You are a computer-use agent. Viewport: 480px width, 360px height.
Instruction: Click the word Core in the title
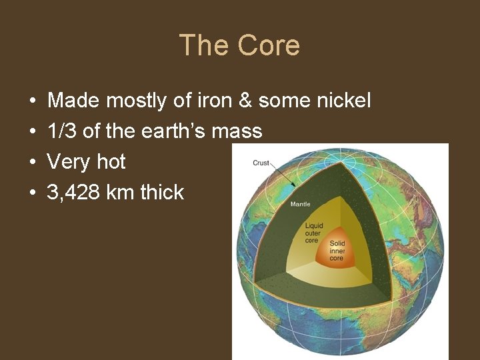269,45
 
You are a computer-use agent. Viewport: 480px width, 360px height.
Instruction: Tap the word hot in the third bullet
111,162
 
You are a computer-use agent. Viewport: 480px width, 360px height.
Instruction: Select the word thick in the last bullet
162,193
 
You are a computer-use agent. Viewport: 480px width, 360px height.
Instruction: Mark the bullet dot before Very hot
33,163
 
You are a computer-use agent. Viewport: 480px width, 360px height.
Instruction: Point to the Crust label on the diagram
261,163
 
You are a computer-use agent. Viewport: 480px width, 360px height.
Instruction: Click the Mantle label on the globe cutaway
300,204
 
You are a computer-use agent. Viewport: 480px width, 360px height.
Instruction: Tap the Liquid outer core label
312,233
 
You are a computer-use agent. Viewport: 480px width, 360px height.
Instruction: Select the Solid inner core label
337,251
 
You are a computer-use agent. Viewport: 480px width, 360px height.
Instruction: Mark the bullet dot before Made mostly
33,101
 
